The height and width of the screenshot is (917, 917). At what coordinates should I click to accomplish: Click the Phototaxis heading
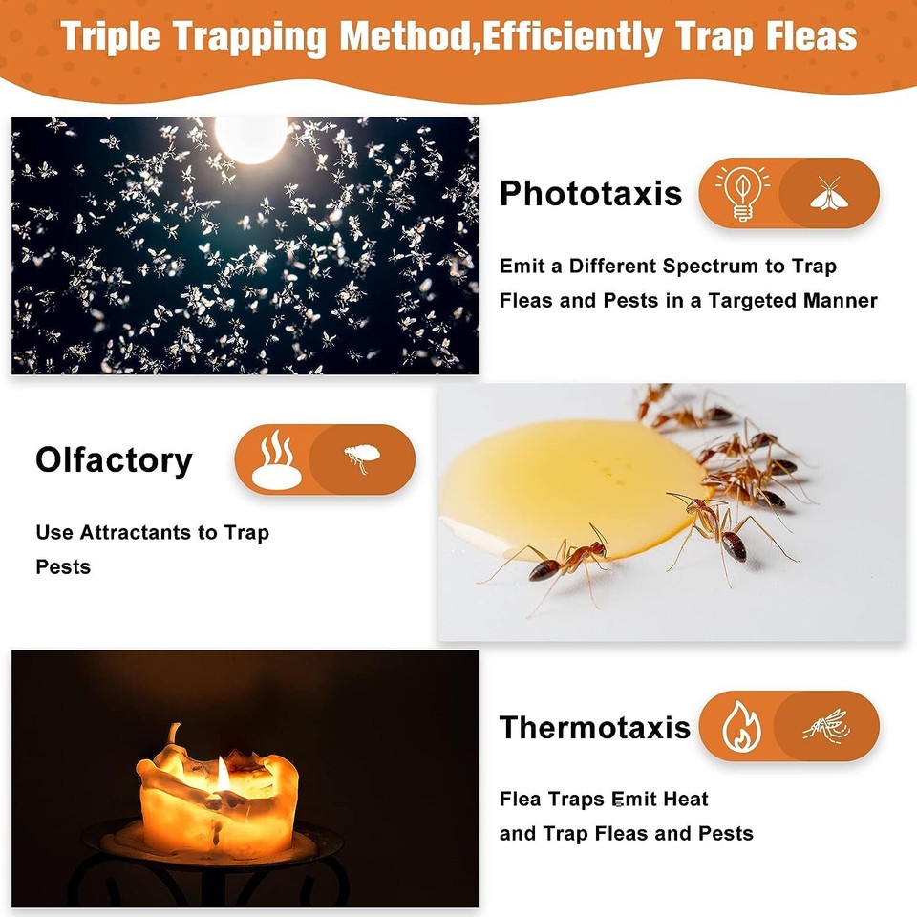point(590,194)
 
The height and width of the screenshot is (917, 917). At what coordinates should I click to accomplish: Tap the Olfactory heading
point(114,460)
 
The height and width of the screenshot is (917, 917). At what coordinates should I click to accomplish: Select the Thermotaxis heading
point(594,728)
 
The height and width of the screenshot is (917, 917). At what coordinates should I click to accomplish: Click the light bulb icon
point(742,194)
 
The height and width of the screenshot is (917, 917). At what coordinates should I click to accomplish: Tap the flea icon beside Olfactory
point(359,460)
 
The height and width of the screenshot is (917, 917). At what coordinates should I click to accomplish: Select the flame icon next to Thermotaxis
point(738,726)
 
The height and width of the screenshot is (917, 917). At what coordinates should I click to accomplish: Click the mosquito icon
point(825,726)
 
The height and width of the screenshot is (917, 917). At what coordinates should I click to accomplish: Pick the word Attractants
point(139,533)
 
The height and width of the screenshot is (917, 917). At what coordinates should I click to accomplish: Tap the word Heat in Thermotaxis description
point(686,799)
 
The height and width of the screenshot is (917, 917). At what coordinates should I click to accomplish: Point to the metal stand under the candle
point(210,864)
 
